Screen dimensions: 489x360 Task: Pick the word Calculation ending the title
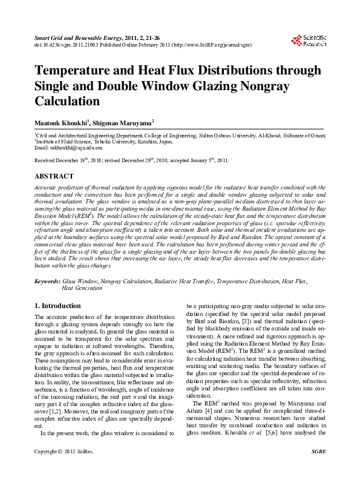[x=67, y=101]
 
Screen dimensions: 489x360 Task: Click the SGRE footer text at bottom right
[x=318, y=469]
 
